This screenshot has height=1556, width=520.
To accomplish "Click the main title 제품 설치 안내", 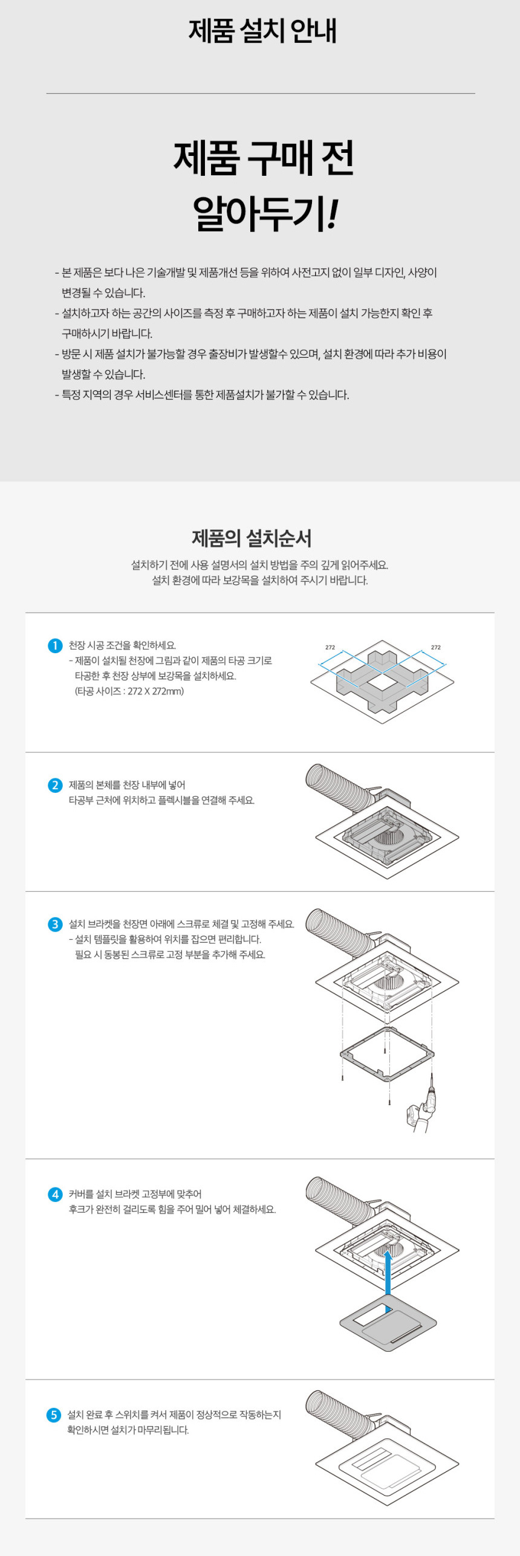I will pyautogui.click(x=262, y=30).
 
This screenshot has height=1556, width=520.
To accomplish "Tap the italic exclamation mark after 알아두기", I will pyautogui.click(x=331, y=214).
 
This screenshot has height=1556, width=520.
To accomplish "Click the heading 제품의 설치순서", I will pyautogui.click(x=252, y=538).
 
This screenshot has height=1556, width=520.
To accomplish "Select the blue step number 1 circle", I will pyautogui.click(x=55, y=645).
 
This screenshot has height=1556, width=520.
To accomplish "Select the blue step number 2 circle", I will pyautogui.click(x=55, y=785).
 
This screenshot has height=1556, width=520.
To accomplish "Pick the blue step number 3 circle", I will pyautogui.click(x=55, y=924).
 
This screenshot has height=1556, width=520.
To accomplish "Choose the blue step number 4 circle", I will pyautogui.click(x=55, y=1194).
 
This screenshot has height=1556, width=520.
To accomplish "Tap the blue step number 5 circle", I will pyautogui.click(x=54, y=1415).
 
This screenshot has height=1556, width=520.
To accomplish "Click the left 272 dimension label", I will pyautogui.click(x=330, y=647).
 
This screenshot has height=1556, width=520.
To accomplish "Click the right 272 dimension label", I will pyautogui.click(x=435, y=647).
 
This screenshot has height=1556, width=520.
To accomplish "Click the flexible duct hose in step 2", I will pyautogui.click(x=339, y=786).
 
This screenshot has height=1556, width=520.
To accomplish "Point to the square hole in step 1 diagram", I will pyautogui.click(x=382, y=682).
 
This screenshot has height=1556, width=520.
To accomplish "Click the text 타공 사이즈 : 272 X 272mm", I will pyautogui.click(x=129, y=691).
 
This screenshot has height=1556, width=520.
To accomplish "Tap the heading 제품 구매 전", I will pyautogui.click(x=264, y=158).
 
